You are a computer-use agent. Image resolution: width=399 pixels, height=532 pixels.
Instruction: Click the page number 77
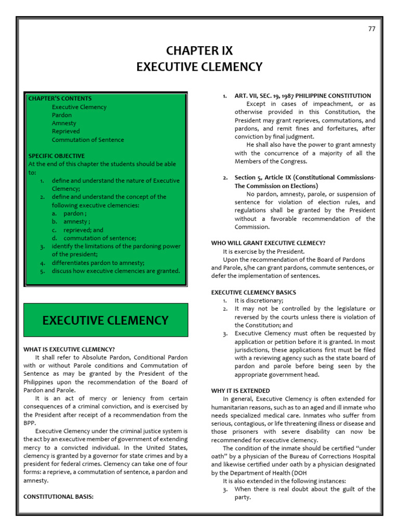point(371,29)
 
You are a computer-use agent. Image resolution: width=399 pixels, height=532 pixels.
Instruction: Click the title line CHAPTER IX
point(199,51)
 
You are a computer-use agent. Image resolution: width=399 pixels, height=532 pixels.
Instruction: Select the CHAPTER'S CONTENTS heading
point(60,99)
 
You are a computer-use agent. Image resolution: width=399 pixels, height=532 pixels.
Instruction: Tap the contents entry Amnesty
point(64,124)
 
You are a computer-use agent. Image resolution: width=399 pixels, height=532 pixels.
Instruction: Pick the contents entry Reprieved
point(65,132)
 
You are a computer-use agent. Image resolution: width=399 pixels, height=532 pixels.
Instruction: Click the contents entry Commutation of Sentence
point(88,140)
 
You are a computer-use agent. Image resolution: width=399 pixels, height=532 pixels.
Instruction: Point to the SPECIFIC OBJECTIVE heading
point(57,156)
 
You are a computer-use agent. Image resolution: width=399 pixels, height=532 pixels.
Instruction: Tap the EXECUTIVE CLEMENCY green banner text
point(105,321)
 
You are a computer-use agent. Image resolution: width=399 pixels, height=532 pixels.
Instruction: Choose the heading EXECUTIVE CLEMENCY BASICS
point(254,292)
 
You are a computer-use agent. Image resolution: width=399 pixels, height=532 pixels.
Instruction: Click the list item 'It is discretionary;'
point(259,301)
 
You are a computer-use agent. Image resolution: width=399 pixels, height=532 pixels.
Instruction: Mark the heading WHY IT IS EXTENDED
point(241,391)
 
